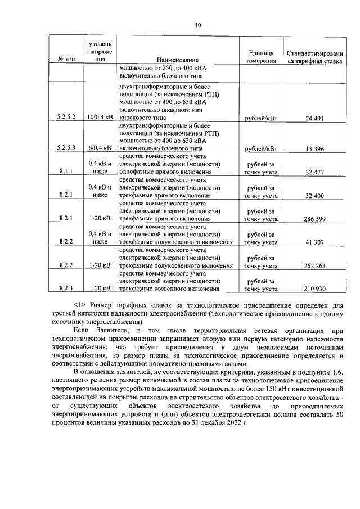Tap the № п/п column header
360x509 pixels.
pos(66,60)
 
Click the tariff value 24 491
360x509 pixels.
pos(315,118)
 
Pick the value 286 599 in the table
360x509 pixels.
pos(315,218)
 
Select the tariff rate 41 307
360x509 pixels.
pos(315,242)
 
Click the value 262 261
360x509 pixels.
pos(315,265)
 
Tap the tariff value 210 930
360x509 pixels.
pos(315,289)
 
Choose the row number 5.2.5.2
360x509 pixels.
pos(66,118)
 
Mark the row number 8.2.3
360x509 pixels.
pos(66,289)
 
